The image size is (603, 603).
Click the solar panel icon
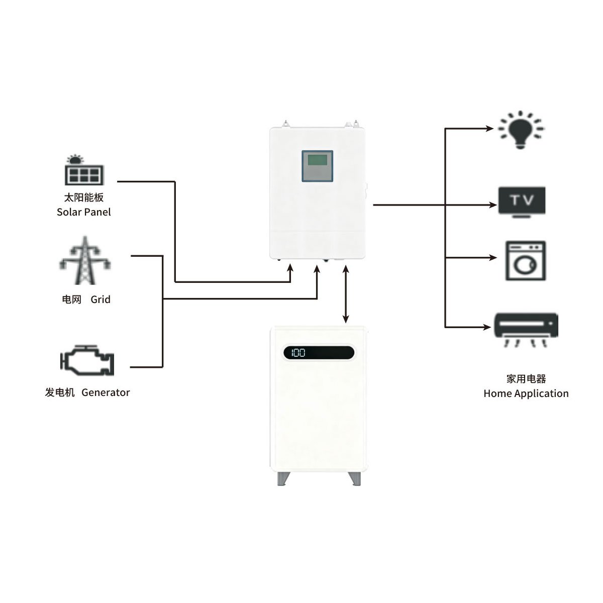(x=84, y=171)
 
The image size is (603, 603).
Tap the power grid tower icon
(x=85, y=261)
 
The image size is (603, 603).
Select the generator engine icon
(x=87, y=360)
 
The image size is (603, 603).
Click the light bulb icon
(x=521, y=129)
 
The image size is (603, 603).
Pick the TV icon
(x=522, y=202)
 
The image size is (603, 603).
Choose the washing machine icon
(x=525, y=261)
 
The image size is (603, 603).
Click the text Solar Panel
(x=84, y=212)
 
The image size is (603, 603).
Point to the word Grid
(x=100, y=299)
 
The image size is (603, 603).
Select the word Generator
(x=106, y=392)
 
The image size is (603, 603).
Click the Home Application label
(x=526, y=393)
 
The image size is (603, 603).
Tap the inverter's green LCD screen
(x=317, y=161)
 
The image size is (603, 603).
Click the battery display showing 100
(x=319, y=353)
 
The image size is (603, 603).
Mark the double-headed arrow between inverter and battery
(x=346, y=293)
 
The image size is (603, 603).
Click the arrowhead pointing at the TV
(x=493, y=205)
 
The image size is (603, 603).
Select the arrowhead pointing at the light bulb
(x=490, y=129)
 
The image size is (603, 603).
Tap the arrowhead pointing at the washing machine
(x=493, y=258)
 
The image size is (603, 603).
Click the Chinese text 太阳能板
(x=84, y=197)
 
